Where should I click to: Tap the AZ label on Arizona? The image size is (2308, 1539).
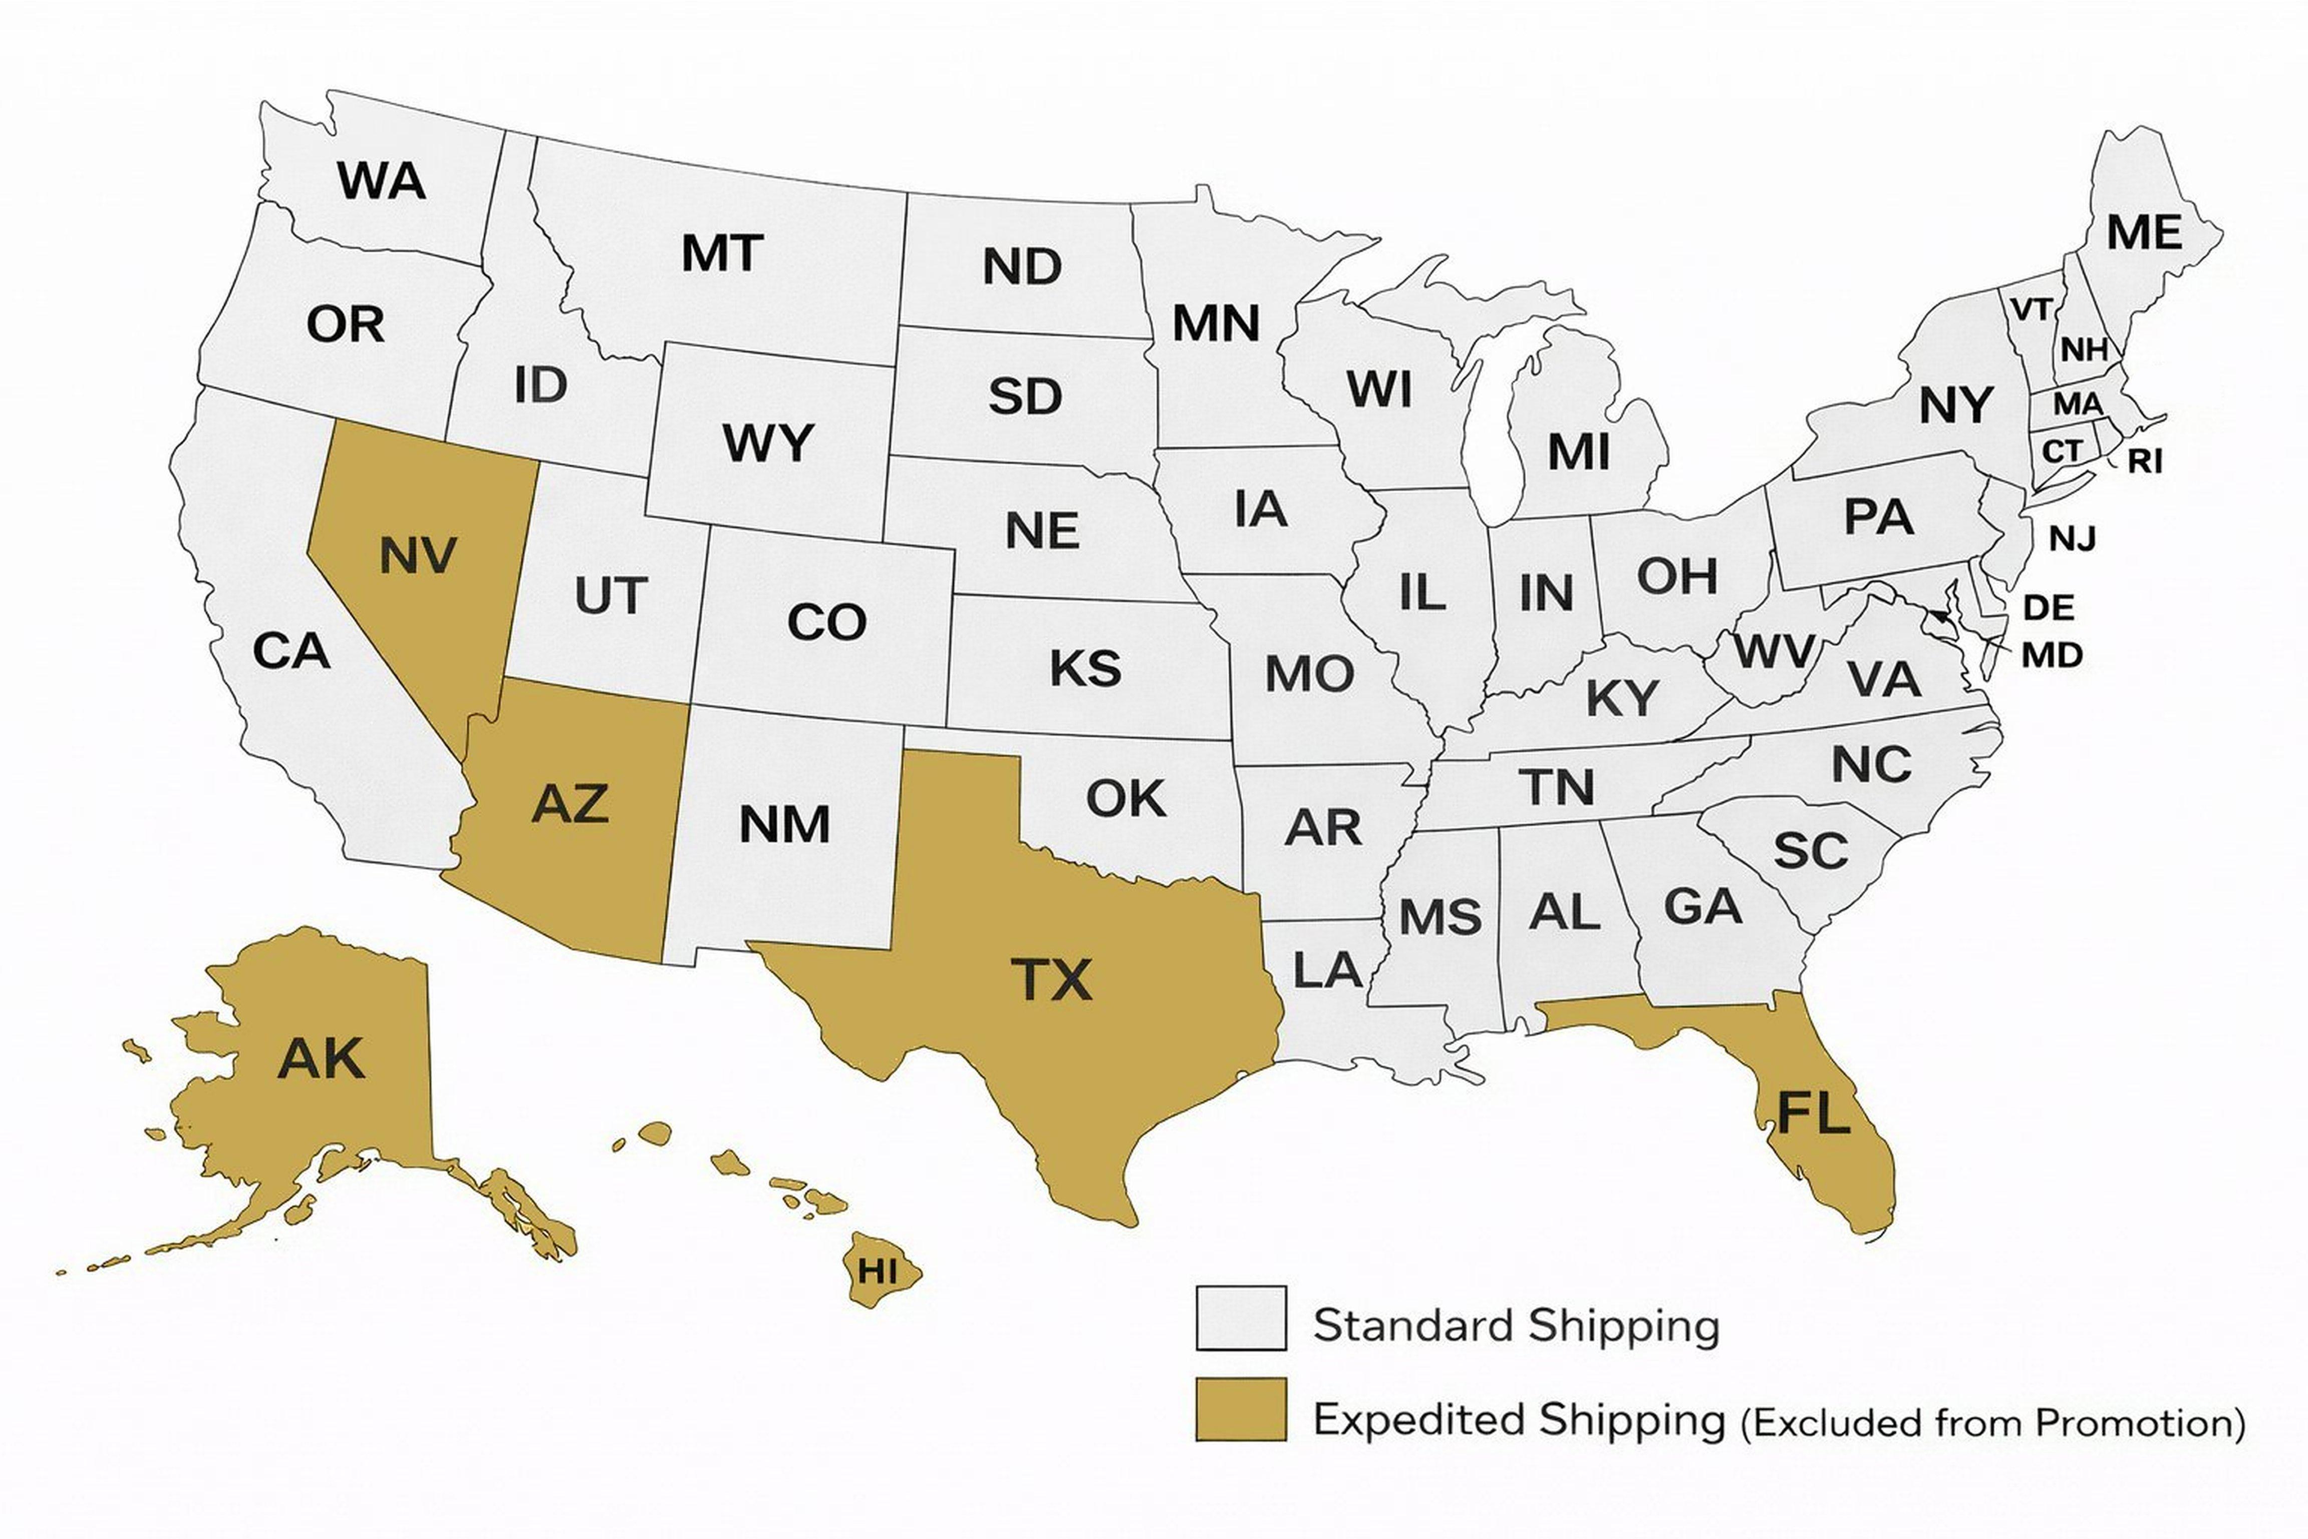(570, 804)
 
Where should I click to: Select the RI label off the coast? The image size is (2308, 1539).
(2145, 460)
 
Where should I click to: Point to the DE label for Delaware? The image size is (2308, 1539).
(2049, 608)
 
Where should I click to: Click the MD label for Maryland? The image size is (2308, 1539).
(2052, 655)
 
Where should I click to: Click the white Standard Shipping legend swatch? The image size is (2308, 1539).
(1241, 1318)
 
